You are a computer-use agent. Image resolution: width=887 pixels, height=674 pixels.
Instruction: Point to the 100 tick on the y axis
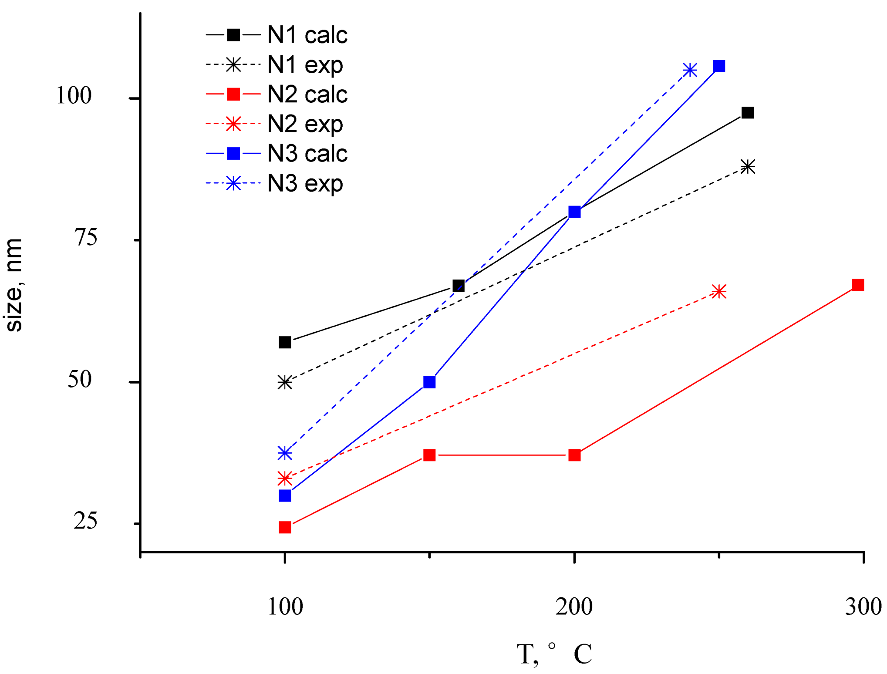pyautogui.click(x=74, y=95)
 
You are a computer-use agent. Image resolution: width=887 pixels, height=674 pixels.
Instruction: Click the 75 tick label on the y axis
pyautogui.click(x=85, y=238)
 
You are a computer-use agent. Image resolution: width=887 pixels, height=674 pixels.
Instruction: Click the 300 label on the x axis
pyautogui.click(x=863, y=607)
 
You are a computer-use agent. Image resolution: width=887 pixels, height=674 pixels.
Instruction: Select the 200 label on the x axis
pyautogui.click(x=574, y=607)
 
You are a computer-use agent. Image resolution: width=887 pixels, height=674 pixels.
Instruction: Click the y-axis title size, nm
pyautogui.click(x=14, y=285)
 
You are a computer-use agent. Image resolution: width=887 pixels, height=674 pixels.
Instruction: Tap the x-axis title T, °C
pyautogui.click(x=554, y=654)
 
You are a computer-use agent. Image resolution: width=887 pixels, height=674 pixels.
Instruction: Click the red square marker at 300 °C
pyautogui.click(x=857, y=285)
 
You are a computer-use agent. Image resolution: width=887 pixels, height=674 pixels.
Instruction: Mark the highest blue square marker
pyautogui.click(x=719, y=66)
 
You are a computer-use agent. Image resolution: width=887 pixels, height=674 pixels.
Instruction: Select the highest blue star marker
pyautogui.click(x=690, y=70)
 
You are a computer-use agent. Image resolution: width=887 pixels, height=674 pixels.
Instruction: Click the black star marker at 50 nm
pyautogui.click(x=285, y=382)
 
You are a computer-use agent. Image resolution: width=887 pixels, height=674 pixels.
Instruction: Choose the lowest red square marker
pyautogui.click(x=285, y=527)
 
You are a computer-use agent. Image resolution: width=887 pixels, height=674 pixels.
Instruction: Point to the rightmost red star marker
pyautogui.click(x=719, y=292)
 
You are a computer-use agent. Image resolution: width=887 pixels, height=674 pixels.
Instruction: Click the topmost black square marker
pyautogui.click(x=748, y=113)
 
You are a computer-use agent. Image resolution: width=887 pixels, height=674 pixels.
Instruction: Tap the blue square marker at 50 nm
pyautogui.click(x=429, y=382)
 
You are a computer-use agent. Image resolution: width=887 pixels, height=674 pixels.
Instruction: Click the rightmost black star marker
pyautogui.click(x=748, y=166)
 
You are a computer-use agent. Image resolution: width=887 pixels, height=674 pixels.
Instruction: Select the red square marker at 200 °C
pyautogui.click(x=574, y=455)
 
